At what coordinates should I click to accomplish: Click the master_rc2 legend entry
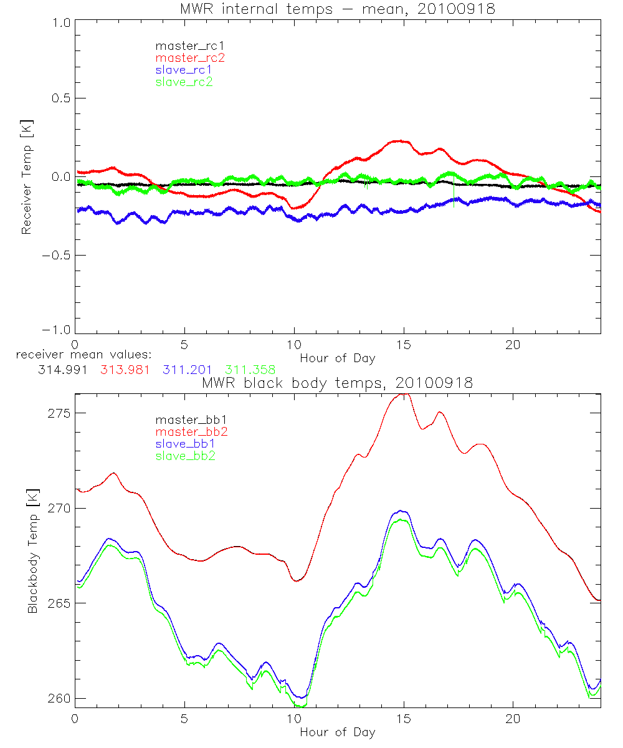[189, 58]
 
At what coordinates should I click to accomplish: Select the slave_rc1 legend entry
[184, 70]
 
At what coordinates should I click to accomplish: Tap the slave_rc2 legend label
[184, 82]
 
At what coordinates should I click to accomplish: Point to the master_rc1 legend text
[189, 46]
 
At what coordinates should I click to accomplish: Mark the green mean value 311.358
[250, 370]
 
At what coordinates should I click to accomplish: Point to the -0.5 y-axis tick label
[56, 256]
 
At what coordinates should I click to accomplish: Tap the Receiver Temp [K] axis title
[26, 177]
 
